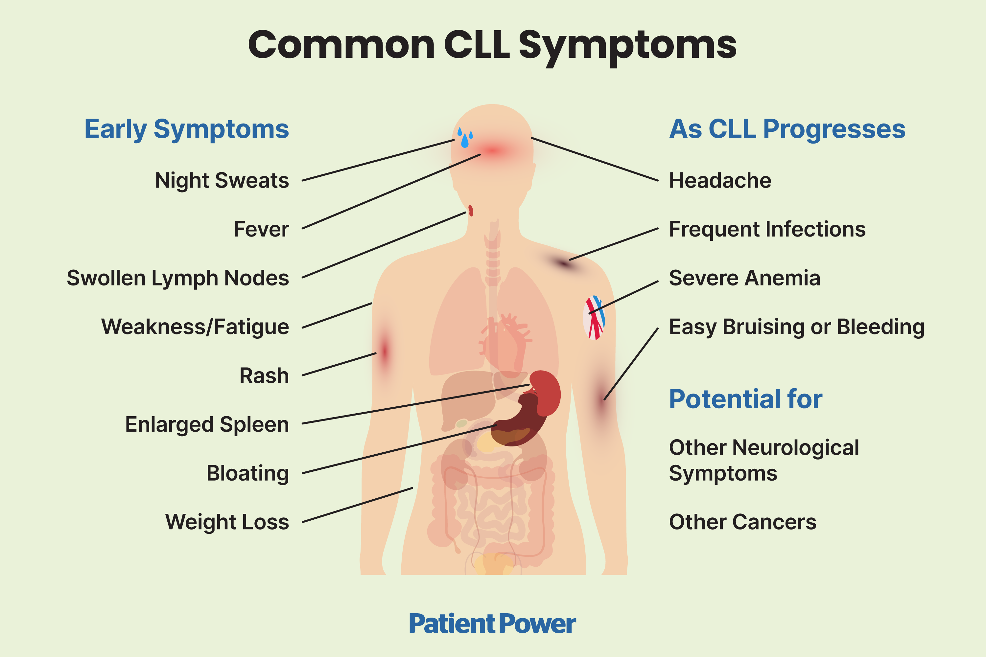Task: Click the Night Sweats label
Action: [x=222, y=181]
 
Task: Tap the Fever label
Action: [x=261, y=229]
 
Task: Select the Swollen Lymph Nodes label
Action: [x=178, y=278]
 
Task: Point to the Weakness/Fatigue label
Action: [x=195, y=327]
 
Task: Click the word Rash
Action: [x=264, y=375]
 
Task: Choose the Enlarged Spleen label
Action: [x=207, y=424]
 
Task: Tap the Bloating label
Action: [x=248, y=473]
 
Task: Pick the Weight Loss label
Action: [x=227, y=522]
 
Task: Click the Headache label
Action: [x=720, y=181]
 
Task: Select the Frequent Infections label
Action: [x=767, y=229]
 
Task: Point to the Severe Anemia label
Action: [x=744, y=278]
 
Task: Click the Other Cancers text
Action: [x=742, y=522]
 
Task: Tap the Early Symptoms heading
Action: [x=187, y=129]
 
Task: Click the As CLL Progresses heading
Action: [x=787, y=129]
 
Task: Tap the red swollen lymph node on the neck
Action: [x=471, y=210]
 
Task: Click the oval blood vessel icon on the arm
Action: [x=594, y=318]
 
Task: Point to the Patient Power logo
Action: [x=493, y=623]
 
